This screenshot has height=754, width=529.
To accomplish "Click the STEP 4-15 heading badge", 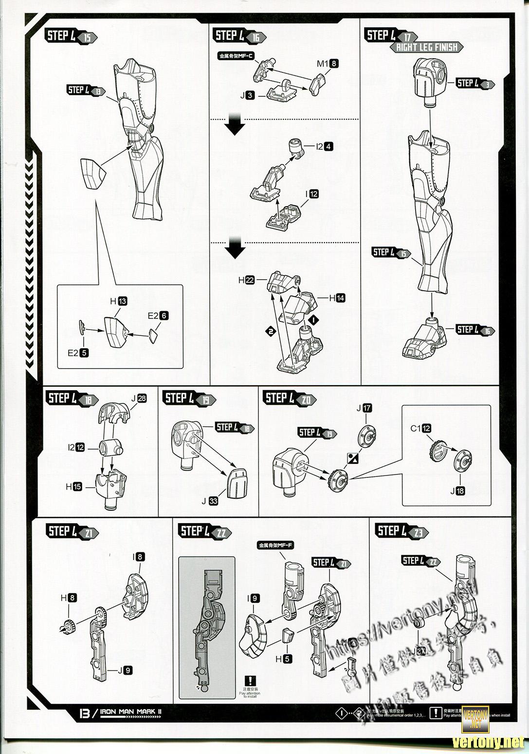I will [71, 36].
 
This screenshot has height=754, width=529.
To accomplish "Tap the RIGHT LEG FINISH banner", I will [426, 47].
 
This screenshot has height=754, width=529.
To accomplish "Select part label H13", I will [118, 301].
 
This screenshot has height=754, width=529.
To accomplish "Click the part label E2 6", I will [158, 316].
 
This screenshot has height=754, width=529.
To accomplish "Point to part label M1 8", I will [327, 63].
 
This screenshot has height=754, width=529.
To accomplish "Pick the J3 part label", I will [247, 95].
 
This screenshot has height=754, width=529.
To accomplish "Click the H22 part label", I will [246, 280].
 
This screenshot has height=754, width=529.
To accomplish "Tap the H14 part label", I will [337, 298].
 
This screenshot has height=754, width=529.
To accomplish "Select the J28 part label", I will [139, 399].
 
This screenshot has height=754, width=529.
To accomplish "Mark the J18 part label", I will [457, 491].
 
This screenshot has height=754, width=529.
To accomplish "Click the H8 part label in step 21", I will [68, 598].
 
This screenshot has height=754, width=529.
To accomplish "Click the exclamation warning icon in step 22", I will [250, 681].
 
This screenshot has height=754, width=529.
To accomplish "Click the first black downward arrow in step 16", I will [236, 125].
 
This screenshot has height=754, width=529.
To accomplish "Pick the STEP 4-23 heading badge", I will [401, 531].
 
